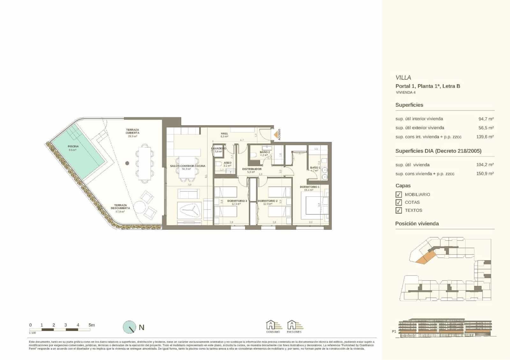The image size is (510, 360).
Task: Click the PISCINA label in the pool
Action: [73, 147]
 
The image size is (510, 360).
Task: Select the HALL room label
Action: [224, 133]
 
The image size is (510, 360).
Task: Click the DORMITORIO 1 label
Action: [310, 187]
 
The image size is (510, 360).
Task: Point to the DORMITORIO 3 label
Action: [237, 201]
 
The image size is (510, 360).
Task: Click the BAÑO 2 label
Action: [265, 152]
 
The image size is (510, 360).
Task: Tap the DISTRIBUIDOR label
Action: [252, 169]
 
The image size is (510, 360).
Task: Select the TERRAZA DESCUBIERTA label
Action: [120, 207]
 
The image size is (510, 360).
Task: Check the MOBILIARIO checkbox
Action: [398, 195]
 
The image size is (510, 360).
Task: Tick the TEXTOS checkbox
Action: [398, 210]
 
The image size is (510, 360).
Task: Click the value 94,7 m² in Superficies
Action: [486, 119]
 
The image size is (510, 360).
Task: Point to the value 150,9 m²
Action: [486, 174]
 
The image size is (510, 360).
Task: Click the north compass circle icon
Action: [129, 327]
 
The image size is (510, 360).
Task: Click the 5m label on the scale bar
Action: [91, 325]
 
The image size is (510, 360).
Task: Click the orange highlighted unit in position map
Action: [425, 257]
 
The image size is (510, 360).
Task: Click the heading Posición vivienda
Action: [417, 224]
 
